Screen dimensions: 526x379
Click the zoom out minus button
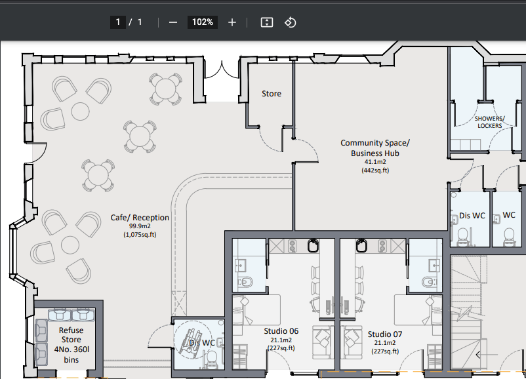pos(173,22)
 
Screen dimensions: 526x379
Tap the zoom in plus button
pos(232,22)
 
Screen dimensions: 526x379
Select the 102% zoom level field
pos(203,22)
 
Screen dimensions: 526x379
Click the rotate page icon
pos(290,22)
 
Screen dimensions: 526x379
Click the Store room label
pos(272,94)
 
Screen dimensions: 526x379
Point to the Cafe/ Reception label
pos(140,217)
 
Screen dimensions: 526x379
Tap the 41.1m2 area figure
pos(375,162)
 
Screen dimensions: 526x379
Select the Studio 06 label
pos(281,331)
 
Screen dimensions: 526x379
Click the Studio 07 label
pos(385,334)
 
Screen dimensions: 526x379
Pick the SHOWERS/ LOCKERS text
pos(490,122)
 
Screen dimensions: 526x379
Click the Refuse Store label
pos(71,334)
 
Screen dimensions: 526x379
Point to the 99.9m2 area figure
pos(140,226)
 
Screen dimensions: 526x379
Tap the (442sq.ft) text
pos(375,170)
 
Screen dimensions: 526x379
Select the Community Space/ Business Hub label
pos(375,148)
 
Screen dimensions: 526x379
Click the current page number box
pos(118,22)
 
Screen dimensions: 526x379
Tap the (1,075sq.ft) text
pos(140,235)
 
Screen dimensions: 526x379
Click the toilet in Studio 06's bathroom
pos(245,282)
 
